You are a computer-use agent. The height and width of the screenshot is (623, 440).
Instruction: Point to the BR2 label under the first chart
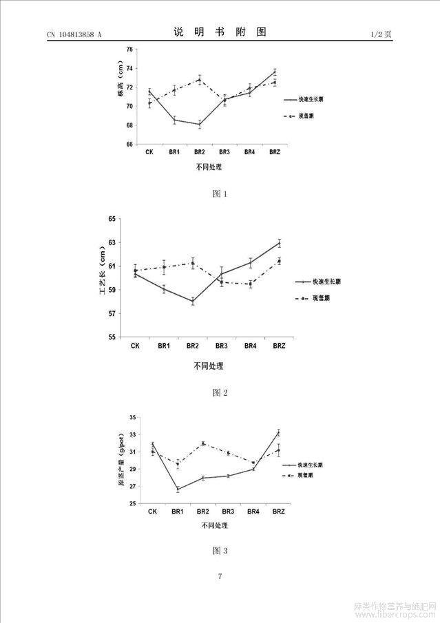[199, 151]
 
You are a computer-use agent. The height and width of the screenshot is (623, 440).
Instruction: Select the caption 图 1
[220, 194]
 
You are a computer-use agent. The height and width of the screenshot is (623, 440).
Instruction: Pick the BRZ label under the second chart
[279, 345]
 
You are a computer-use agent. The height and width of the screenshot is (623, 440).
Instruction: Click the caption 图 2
[220, 392]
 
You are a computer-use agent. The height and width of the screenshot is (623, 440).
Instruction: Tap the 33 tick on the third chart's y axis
[133, 417]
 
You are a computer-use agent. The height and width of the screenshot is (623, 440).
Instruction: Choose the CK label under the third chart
[152, 511]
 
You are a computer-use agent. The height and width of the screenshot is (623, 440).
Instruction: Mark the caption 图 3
[220, 550]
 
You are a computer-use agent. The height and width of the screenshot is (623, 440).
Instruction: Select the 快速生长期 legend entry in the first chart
[311, 100]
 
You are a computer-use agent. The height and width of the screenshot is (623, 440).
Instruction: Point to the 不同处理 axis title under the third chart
[215, 525]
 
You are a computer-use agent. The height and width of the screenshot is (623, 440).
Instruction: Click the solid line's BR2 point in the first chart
[200, 125]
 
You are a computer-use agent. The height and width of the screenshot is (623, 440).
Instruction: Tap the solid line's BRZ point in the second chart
[280, 242]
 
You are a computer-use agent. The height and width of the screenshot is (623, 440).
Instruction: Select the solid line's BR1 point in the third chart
[178, 489]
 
